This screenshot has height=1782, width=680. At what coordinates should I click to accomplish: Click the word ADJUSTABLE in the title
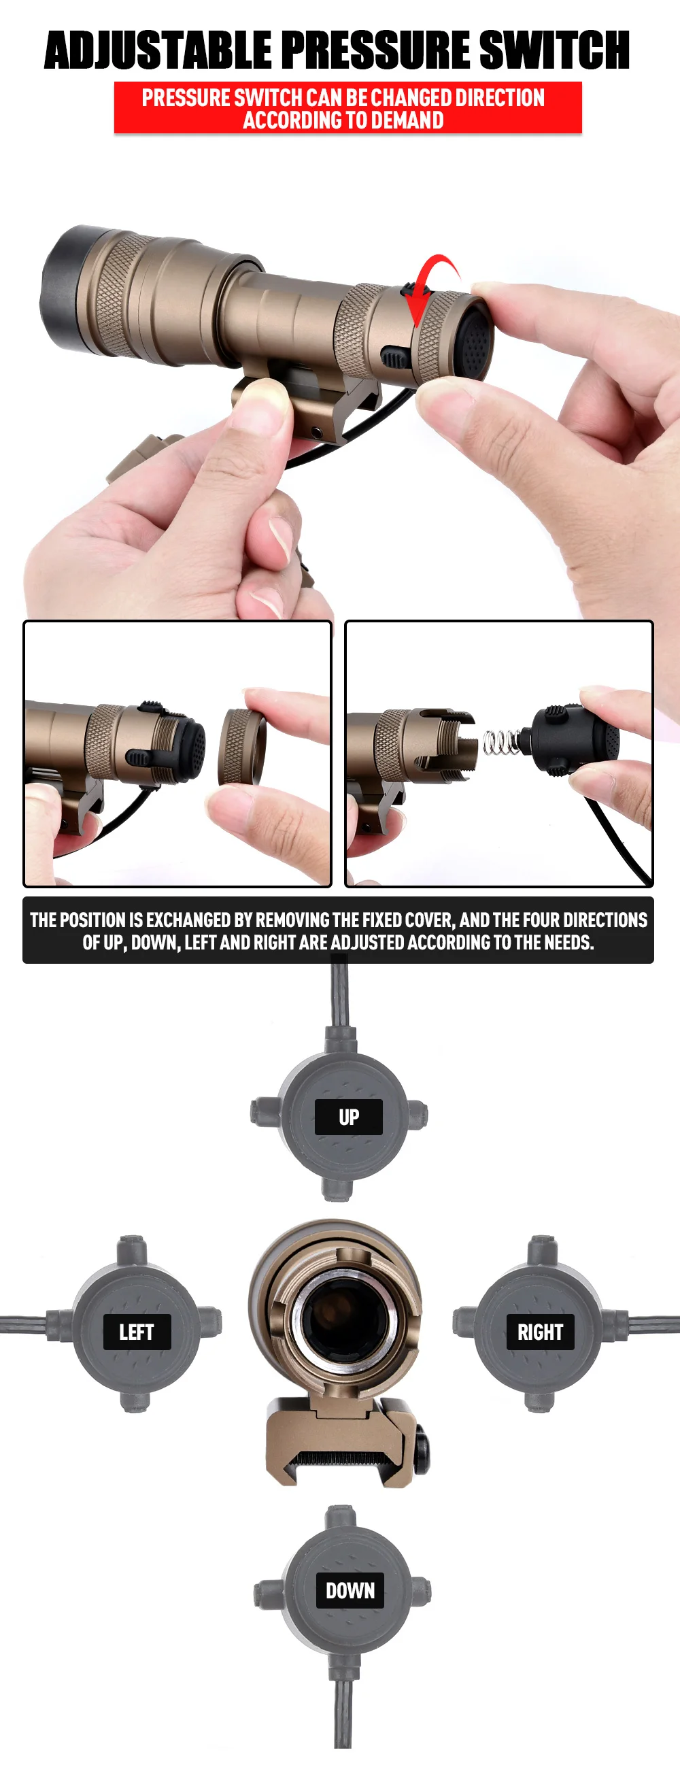point(158,50)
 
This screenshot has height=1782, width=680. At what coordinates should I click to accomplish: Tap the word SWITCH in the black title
point(554,50)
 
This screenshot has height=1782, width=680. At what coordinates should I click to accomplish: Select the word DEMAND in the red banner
point(408,120)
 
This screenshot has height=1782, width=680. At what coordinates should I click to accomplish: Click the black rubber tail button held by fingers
point(477,341)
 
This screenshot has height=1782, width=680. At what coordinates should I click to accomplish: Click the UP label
point(349,1117)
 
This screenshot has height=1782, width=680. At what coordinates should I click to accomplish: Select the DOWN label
point(350,1590)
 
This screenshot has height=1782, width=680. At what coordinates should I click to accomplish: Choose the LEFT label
point(137,1332)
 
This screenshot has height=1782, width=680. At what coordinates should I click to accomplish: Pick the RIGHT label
point(541,1332)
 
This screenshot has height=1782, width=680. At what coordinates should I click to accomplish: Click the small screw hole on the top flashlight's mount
point(318,433)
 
